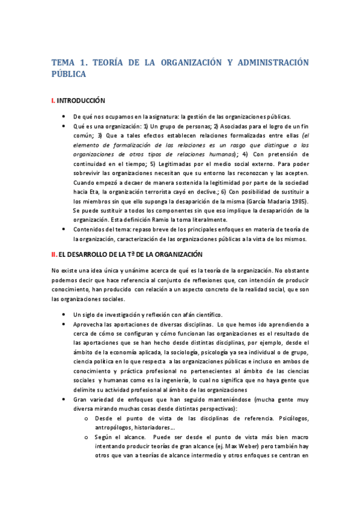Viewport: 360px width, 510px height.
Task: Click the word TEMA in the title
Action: point(64,62)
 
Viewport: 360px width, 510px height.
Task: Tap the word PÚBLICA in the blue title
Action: point(69,74)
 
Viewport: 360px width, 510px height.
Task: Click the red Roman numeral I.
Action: point(53,100)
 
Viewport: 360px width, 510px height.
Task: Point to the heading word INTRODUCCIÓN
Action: point(81,100)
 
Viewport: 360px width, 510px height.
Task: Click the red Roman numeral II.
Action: point(54,255)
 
